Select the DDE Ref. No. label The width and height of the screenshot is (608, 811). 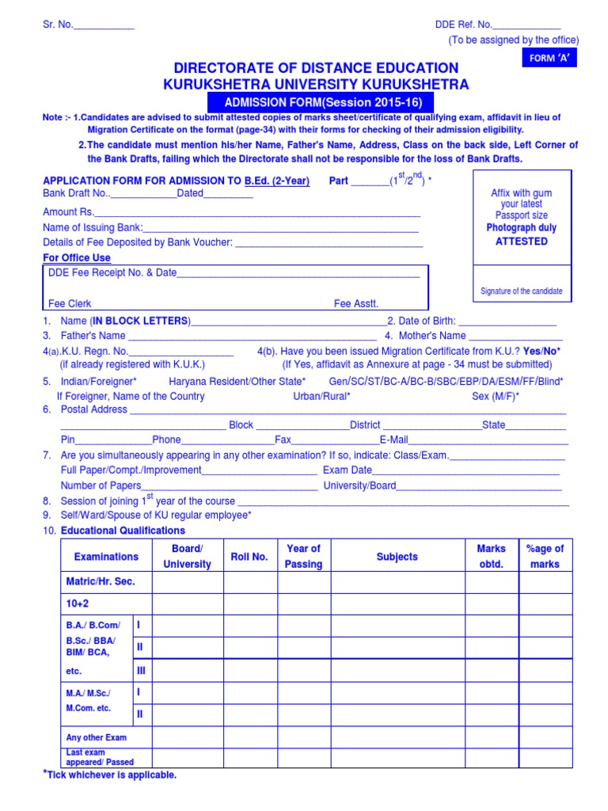pos(463,25)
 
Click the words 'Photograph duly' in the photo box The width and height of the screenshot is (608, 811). pos(521,228)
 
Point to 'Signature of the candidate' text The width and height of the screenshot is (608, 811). pos(521,291)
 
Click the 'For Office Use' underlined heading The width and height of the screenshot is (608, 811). pos(77,258)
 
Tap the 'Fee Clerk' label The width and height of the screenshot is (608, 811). pos(70,303)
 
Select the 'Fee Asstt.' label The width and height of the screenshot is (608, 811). pos(356,303)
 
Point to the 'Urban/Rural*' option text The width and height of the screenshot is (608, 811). pos(322,396)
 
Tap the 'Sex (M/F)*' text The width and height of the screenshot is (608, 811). pos(495,396)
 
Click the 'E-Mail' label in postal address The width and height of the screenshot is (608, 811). pos(393,440)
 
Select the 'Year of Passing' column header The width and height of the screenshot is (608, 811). pos(303,556)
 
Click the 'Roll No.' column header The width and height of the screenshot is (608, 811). pos(249,557)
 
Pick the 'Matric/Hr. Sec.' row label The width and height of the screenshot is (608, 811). pos(101,581)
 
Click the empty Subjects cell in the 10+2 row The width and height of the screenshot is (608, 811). pos(397,604)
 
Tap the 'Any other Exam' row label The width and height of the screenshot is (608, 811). pos(97,737)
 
